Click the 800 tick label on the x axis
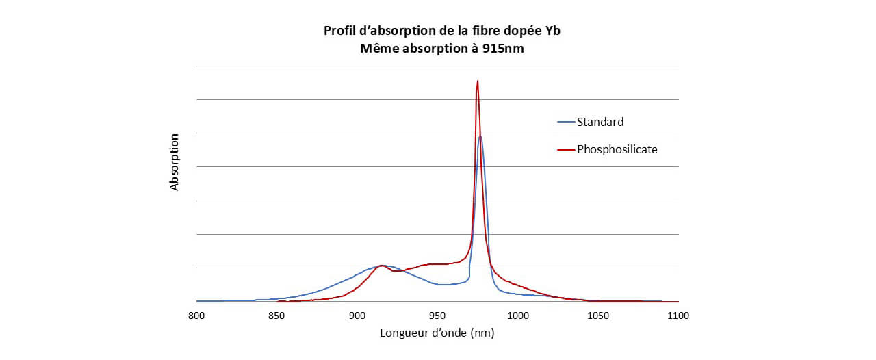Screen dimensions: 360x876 click(x=196, y=316)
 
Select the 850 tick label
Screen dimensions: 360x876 click(x=276, y=316)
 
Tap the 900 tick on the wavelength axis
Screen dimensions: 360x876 click(x=357, y=316)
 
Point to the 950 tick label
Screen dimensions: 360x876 click(x=437, y=316)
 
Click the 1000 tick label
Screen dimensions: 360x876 click(x=517, y=316)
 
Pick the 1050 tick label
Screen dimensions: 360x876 click(x=597, y=316)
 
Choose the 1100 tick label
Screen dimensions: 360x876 click(x=678, y=316)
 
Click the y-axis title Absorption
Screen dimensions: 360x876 click(x=175, y=162)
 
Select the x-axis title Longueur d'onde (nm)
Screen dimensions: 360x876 click(x=437, y=333)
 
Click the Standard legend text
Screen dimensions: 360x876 click(x=600, y=123)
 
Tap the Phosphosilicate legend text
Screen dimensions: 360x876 click(x=617, y=149)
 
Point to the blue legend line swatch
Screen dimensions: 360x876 click(x=566, y=123)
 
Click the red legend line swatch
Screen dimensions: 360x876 click(x=566, y=149)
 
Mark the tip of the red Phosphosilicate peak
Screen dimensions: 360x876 click(x=477, y=81)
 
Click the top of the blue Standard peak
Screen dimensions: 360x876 click(x=480, y=136)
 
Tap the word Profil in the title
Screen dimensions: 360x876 click(x=339, y=31)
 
